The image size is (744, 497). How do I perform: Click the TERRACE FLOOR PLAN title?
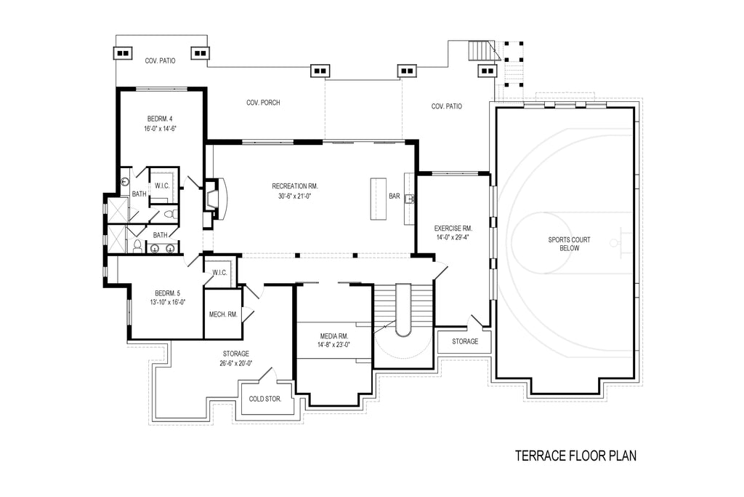tap(575, 456)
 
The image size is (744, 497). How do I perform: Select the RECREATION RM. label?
tap(295, 186)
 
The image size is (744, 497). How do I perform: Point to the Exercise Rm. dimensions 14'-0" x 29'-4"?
tap(453, 236)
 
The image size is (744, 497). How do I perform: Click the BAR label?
tap(395, 196)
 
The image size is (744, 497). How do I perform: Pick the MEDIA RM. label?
tap(334, 336)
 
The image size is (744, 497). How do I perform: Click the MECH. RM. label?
tap(222, 314)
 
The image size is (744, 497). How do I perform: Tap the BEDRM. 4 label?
tap(160, 119)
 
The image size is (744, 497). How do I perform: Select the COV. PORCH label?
tap(263, 103)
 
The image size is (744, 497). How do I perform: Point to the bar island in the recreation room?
tap(379, 199)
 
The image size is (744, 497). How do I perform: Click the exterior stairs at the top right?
tap(481, 51)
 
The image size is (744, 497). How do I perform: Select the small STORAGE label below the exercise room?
tap(465, 341)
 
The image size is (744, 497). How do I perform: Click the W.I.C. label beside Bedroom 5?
tap(219, 272)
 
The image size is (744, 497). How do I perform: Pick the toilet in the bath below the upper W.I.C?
tap(169, 215)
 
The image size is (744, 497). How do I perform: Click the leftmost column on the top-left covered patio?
tap(123, 52)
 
